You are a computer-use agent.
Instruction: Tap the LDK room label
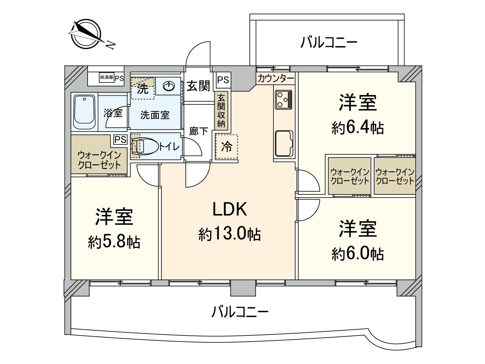point(229,209)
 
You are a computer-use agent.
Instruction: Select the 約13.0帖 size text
point(229,234)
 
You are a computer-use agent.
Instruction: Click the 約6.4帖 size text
point(358,128)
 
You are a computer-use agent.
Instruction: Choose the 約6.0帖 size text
point(358,254)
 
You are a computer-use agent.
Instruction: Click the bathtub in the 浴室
point(85,112)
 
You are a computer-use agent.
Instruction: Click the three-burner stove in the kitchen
point(284,99)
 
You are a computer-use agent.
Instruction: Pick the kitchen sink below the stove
point(284,143)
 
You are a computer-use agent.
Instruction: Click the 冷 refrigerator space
point(226,147)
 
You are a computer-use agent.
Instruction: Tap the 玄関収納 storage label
point(221,110)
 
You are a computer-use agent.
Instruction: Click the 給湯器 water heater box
point(106,77)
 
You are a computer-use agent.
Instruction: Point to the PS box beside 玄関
point(223,80)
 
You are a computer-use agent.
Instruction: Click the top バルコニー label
point(329,42)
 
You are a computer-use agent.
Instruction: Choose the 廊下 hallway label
point(199,131)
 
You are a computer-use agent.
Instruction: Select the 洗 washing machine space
point(143,89)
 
